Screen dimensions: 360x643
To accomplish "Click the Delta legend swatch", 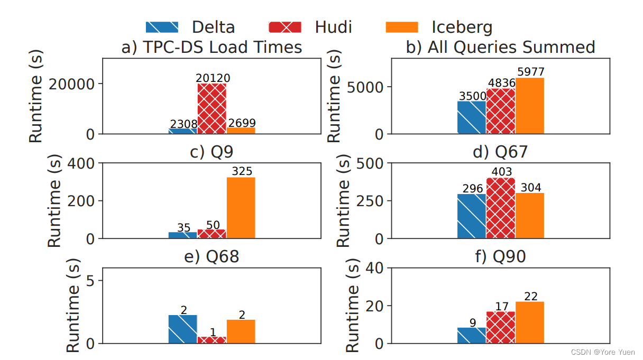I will (x=162, y=27).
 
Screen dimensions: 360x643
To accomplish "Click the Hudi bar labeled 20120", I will (x=212, y=108).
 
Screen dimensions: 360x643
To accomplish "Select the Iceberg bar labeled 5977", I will (x=530, y=106).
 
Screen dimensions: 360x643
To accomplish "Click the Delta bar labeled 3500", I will (x=472, y=117).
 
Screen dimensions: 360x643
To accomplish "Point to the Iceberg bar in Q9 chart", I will (x=241, y=208).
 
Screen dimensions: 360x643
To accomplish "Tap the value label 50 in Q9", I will (x=213, y=225).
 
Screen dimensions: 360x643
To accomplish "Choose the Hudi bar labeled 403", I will (x=501, y=208).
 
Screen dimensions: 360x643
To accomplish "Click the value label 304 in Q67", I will (x=530, y=188).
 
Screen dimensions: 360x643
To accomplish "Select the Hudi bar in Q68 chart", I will (x=212, y=340).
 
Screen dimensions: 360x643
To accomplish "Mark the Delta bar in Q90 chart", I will (x=472, y=336).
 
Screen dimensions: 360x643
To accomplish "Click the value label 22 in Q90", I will (x=530, y=297).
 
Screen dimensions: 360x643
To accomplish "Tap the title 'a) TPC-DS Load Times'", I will (x=212, y=47).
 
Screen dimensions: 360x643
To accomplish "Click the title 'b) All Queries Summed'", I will (x=500, y=47).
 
